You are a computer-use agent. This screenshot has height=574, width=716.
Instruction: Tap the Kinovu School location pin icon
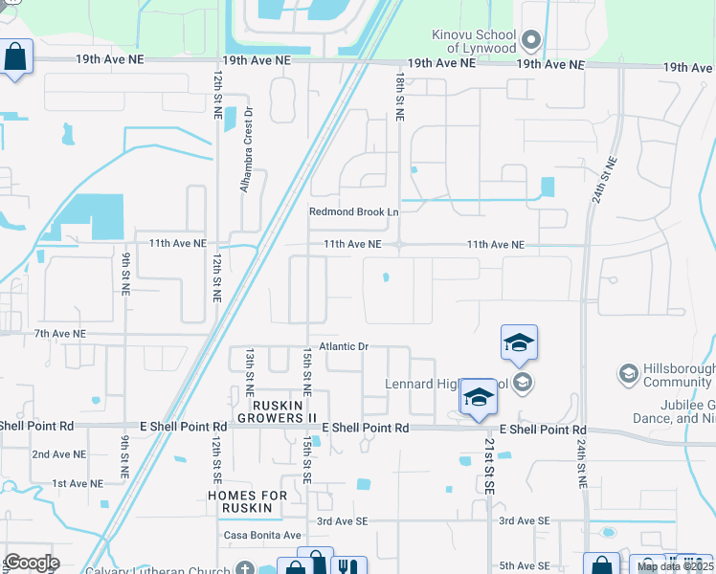pyautogui.click(x=532, y=41)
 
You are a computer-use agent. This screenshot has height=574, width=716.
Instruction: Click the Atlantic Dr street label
pyautogui.click(x=344, y=346)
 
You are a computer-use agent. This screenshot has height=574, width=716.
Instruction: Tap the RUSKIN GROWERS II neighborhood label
pyautogui.click(x=277, y=410)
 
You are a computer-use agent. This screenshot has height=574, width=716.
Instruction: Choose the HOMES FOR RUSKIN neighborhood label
pyautogui.click(x=248, y=501)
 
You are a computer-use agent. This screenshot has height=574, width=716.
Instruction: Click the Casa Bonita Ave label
pyautogui.click(x=262, y=536)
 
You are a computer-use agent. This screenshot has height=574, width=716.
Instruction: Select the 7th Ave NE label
pyautogui.click(x=59, y=334)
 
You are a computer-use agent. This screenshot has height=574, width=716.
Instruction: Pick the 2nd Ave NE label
pyautogui.click(x=59, y=454)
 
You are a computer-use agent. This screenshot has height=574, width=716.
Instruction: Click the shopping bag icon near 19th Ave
pyautogui.click(x=16, y=56)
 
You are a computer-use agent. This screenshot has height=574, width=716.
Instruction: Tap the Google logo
pyautogui.click(x=31, y=562)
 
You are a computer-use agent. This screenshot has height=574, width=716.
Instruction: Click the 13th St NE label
pyautogui.click(x=249, y=372)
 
